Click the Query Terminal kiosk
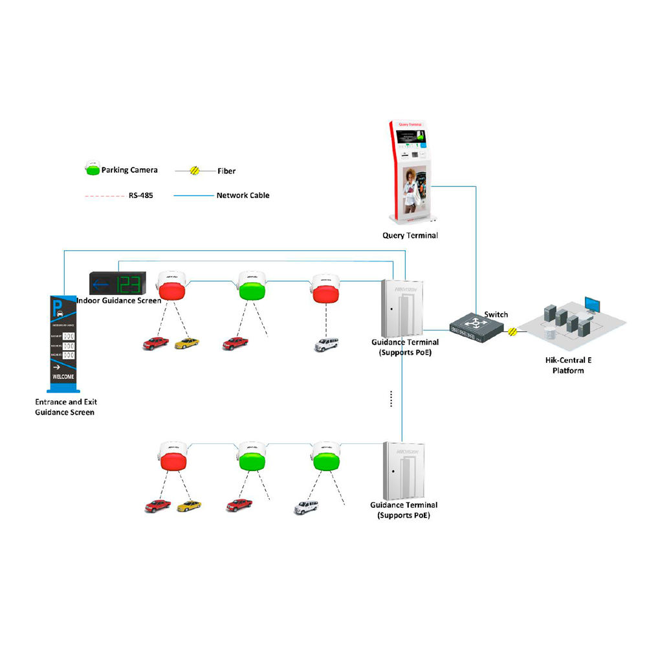[410, 171]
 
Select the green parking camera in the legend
[92, 170]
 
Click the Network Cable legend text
[243, 195]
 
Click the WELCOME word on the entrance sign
[63, 377]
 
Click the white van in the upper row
[325, 344]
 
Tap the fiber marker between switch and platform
[512, 332]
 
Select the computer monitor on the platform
[592, 305]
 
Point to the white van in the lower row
[306, 507]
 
